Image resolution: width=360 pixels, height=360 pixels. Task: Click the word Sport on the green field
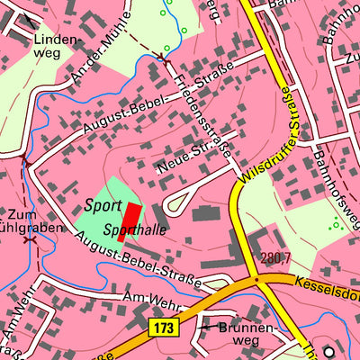click(x=103, y=206)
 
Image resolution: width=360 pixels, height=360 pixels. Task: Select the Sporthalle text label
click(x=134, y=230)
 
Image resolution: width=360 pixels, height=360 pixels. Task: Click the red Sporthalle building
click(x=131, y=218)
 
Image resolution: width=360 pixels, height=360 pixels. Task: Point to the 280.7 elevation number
click(x=276, y=259)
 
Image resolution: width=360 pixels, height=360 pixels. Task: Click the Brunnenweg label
click(x=238, y=334)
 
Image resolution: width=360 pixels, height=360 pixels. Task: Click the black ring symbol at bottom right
click(x=328, y=352)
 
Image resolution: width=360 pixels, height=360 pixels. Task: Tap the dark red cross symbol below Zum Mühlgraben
click(x=30, y=239)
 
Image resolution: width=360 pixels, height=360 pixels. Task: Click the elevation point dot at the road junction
click(x=256, y=279)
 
